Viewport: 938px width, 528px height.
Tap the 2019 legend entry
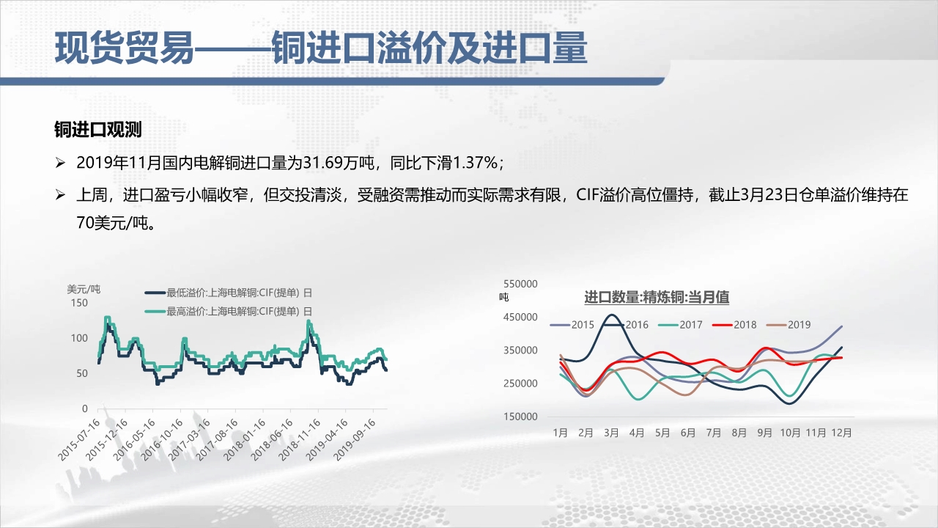789,325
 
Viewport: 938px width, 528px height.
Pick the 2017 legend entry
681,325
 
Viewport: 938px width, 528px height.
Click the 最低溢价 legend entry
229,293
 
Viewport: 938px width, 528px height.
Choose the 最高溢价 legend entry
229,312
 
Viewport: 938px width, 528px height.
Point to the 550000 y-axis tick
520,284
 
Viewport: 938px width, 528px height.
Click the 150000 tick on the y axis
520,417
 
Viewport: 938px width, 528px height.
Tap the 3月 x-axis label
611,433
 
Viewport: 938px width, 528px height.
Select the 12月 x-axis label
841,433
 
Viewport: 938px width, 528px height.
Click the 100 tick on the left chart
79,338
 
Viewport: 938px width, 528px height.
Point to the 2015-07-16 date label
80,439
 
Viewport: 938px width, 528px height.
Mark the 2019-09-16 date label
355,439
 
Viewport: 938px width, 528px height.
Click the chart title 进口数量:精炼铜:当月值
657,297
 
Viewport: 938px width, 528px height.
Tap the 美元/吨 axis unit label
84,289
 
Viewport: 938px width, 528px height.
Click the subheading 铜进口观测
98,130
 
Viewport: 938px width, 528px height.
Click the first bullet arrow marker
60,163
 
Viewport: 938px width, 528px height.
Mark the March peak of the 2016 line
611,315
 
